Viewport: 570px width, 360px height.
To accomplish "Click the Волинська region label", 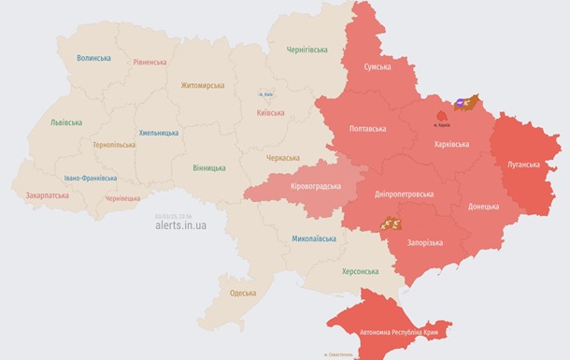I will click(93, 58).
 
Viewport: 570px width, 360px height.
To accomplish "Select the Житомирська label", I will click(203, 85).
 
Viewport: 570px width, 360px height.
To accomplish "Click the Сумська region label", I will click(377, 68).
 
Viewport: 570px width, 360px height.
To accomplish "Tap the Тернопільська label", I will click(114, 145).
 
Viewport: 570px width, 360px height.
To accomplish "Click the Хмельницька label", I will click(158, 133).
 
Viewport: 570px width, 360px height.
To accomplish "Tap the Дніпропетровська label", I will click(404, 194).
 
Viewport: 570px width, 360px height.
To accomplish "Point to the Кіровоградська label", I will click(315, 186).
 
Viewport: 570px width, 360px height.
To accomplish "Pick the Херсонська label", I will click(360, 271).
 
